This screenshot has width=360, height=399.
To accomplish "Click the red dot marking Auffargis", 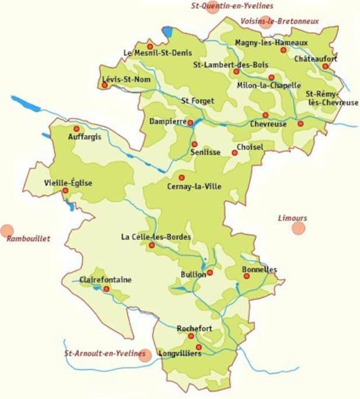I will [76, 129].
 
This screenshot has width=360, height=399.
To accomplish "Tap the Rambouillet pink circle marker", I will [7, 231].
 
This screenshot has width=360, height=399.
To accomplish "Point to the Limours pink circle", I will [299, 228].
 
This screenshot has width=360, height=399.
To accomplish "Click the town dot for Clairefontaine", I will [106, 289].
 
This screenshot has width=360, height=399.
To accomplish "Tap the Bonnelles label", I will [260, 269].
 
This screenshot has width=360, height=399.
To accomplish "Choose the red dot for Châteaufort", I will [325, 66].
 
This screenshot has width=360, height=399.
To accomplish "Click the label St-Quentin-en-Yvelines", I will [232, 6].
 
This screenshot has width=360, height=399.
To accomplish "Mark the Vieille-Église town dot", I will [65, 190].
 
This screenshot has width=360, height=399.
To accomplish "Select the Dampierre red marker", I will [190, 123].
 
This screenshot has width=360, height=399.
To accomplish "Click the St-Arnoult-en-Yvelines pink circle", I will [145, 355].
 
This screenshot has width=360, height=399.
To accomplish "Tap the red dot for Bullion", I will [210, 272].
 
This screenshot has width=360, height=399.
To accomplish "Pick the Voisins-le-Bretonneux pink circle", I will [266, 22].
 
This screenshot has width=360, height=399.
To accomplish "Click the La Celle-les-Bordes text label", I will [156, 237].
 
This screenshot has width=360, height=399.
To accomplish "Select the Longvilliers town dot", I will [198, 347].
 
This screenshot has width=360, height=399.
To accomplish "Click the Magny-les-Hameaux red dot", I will [284, 50].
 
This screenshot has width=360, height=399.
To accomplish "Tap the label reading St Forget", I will [198, 100].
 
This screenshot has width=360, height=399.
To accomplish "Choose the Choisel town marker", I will [235, 153].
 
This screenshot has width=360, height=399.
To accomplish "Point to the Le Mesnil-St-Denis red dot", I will [150, 46].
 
